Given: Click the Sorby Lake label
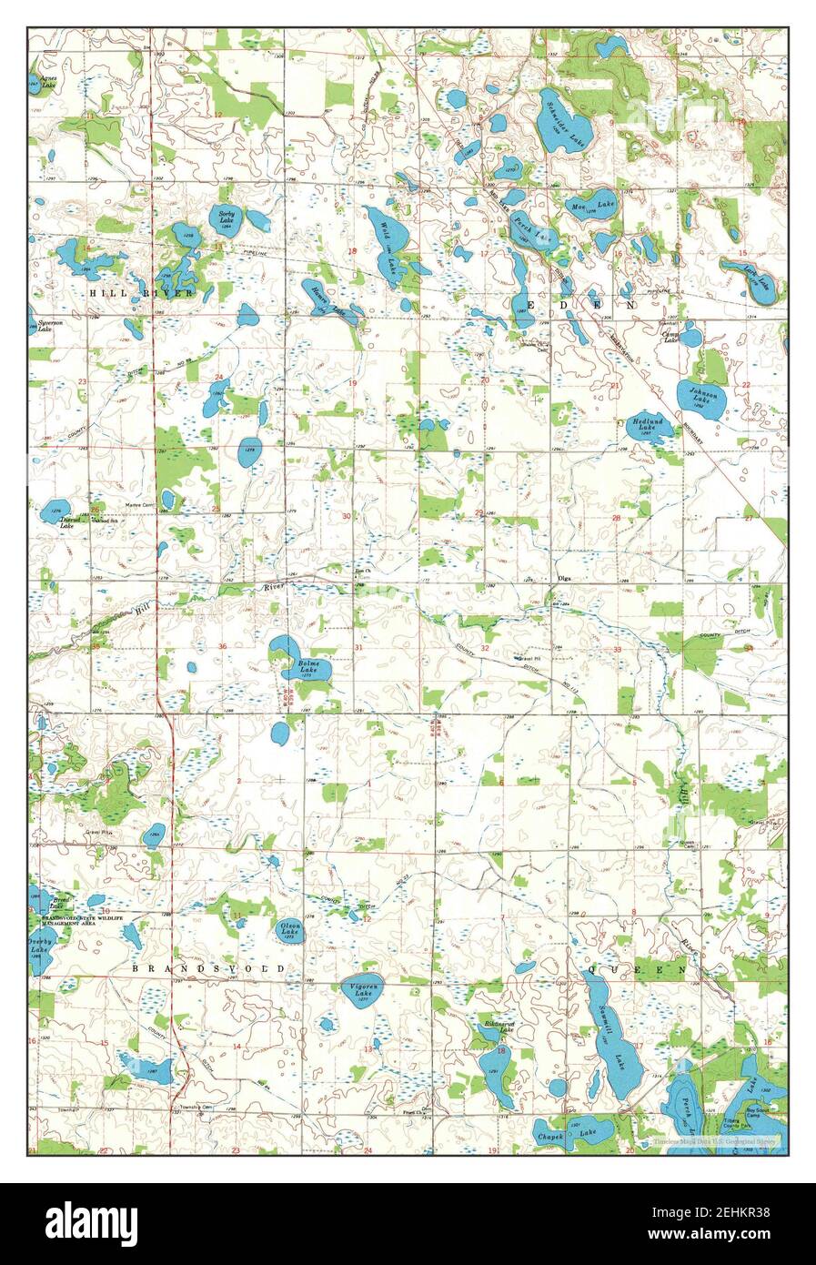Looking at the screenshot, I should pos(227,217).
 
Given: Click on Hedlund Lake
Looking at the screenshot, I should pos(648,425).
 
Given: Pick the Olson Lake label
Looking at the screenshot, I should pos(290,929).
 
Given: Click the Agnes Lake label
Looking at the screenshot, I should pos(43,80).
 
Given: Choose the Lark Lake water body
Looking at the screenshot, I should pos(751,278).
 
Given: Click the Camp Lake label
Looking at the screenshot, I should pos(670,336).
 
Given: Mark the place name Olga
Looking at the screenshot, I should pos(564,578).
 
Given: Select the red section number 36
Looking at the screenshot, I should pos(223,647).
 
